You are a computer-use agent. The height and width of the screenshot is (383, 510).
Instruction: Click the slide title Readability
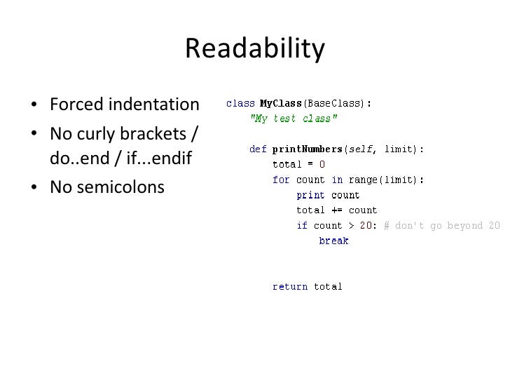pyautogui.click(x=255, y=49)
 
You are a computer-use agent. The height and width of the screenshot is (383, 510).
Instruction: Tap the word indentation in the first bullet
pyautogui.click(x=153, y=105)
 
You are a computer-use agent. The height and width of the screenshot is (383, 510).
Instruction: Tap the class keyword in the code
pyautogui.click(x=239, y=103)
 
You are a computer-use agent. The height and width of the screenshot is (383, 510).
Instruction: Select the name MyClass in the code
pyautogui.click(x=280, y=103)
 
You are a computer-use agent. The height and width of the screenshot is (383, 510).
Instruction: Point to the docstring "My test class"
pyautogui.click(x=294, y=119)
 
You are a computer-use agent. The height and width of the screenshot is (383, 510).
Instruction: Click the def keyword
pyautogui.click(x=259, y=149)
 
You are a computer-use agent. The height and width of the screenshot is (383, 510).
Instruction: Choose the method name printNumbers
pyautogui.click(x=308, y=149)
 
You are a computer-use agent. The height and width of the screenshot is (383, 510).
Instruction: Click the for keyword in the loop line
pyautogui.click(x=281, y=180)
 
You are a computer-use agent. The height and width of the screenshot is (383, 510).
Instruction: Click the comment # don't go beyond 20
pyautogui.click(x=441, y=226)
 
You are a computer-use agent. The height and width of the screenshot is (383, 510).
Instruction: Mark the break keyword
pyautogui.click(x=333, y=241)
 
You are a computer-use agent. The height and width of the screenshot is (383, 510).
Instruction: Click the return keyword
pyautogui.click(x=290, y=286)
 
